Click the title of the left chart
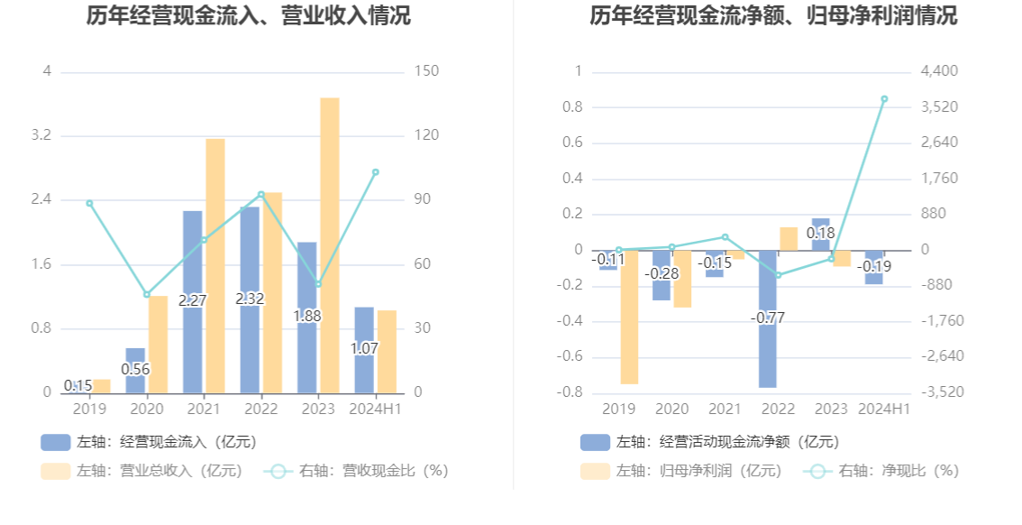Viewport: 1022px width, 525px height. pyautogui.click(x=249, y=15)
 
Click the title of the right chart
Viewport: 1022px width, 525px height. pyautogui.click(x=773, y=15)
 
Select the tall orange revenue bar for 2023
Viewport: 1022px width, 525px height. pyautogui.click(x=330, y=244)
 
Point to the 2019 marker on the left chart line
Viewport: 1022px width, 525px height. pyautogui.click(x=89, y=203)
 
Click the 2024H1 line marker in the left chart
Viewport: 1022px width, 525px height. pyautogui.click(x=376, y=172)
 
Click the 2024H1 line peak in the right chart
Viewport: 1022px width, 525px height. pyautogui.click(x=884, y=99)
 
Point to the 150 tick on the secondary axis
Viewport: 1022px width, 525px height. pyautogui.click(x=426, y=71)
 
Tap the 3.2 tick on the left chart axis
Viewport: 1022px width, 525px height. pyautogui.click(x=41, y=135)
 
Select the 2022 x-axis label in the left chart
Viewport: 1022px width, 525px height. pyautogui.click(x=261, y=410)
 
